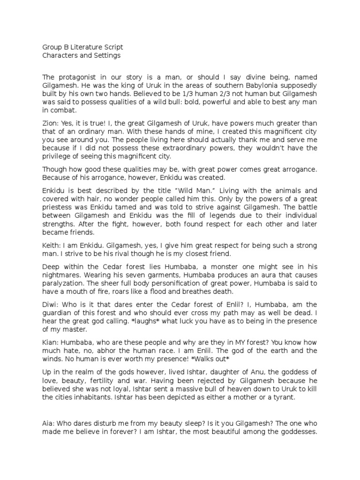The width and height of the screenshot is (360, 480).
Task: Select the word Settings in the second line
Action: (107, 55)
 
